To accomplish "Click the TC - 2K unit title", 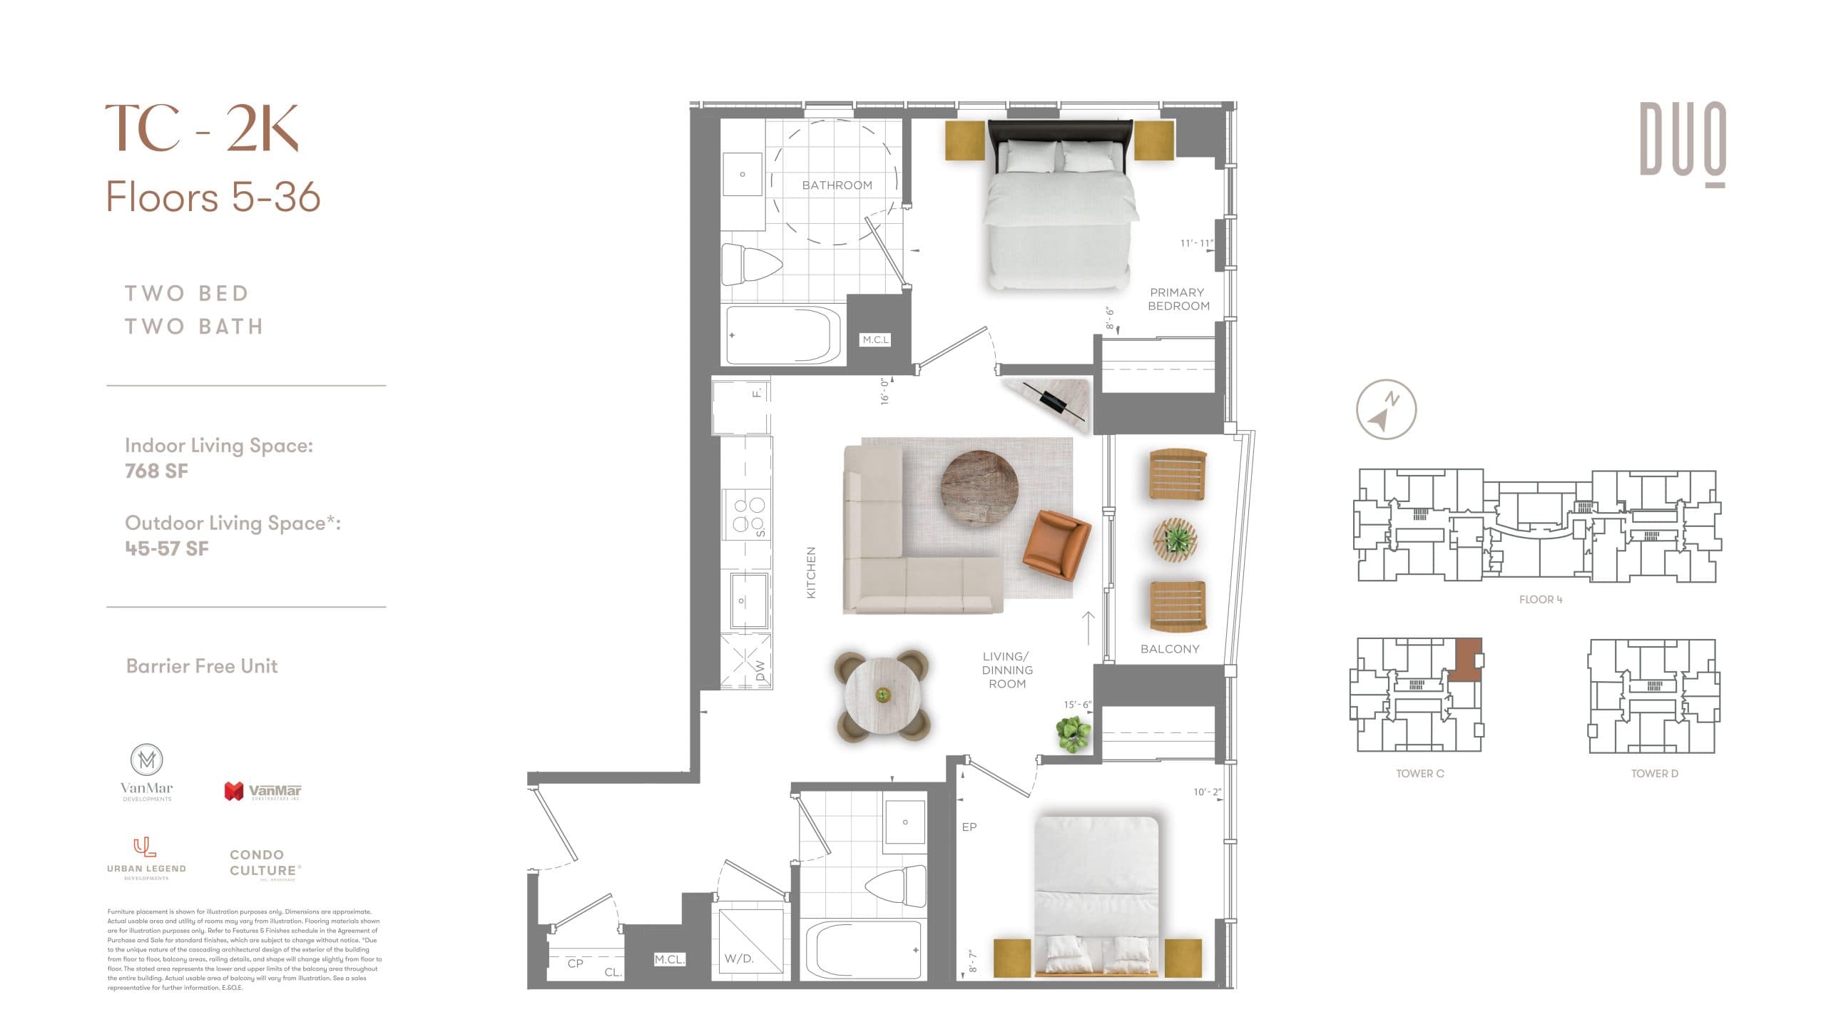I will (x=202, y=128).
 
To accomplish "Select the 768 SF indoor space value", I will (x=156, y=471).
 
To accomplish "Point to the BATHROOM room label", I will (x=837, y=185).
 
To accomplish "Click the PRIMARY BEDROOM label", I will (x=1178, y=299).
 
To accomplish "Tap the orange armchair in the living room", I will (x=1056, y=545).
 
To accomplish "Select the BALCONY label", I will (x=1169, y=649).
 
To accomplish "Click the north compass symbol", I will (x=1385, y=409).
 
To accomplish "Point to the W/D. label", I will (x=739, y=959).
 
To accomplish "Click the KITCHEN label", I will (x=811, y=573).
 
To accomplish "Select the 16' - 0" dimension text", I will (x=885, y=392).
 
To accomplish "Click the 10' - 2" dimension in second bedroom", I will (x=1207, y=792).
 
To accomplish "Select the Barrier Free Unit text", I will (x=202, y=666).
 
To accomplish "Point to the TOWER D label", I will (x=1654, y=773).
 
